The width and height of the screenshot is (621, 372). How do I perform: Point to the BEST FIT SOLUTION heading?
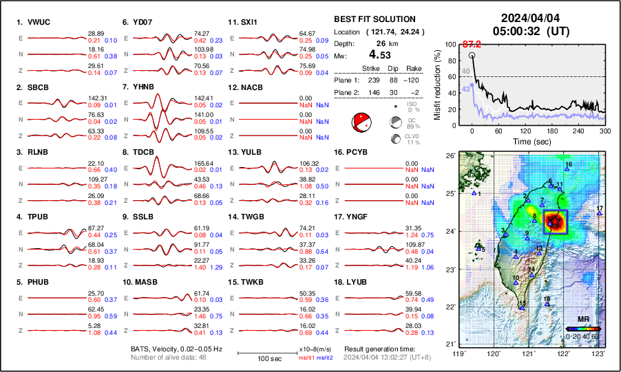pos(374,19)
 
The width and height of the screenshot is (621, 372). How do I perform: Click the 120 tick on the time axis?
pos(525,131)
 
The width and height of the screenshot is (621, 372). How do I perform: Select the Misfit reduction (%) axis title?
pos(439,85)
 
